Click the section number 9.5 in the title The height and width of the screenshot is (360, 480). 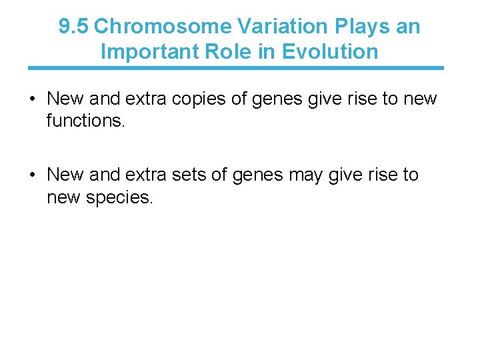pos(73,27)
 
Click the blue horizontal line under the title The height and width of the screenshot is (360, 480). pos(235,68)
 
